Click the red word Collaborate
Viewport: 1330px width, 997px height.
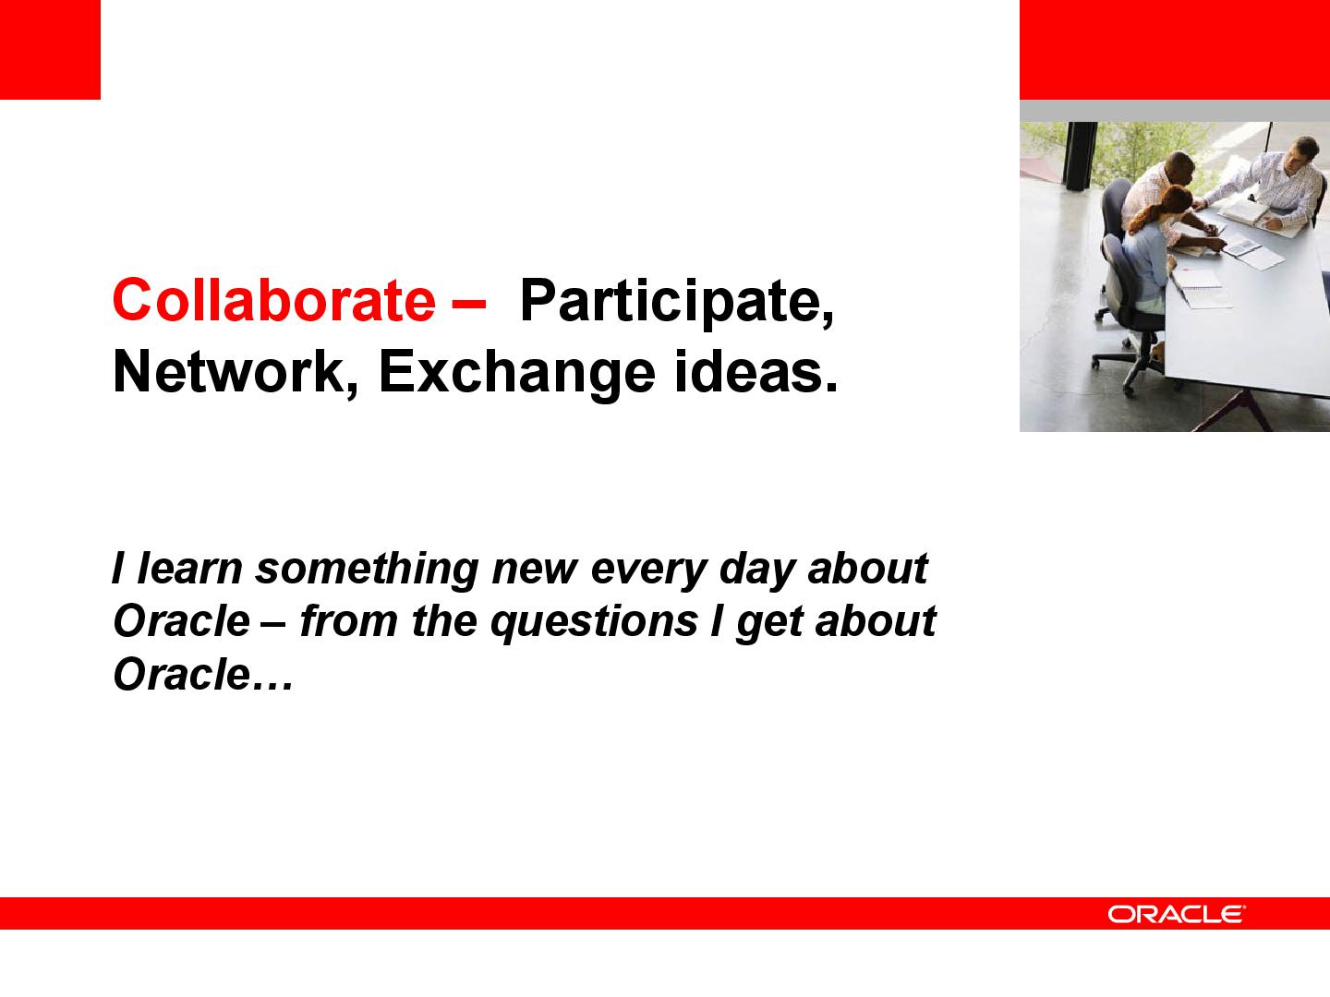[x=274, y=300]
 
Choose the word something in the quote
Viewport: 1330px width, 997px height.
[x=367, y=571]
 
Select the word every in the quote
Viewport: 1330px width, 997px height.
[x=648, y=571]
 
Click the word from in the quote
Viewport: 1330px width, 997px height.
[x=349, y=620]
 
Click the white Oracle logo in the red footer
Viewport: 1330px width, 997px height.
[x=1177, y=914]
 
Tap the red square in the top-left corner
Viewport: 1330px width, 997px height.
[x=50, y=50]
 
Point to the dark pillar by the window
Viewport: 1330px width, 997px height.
[x=1081, y=156]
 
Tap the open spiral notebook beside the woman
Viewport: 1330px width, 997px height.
[x=1202, y=289]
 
